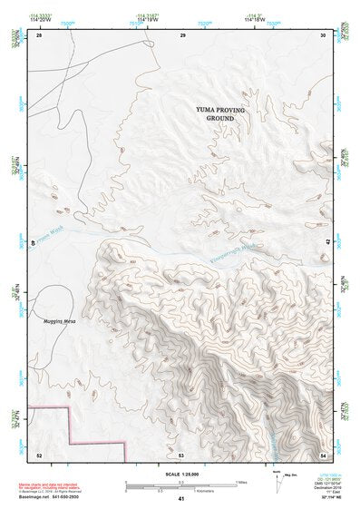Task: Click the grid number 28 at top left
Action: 38,35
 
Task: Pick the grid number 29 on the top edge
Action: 182,35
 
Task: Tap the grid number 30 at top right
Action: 324,35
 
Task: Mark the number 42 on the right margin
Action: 326,241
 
